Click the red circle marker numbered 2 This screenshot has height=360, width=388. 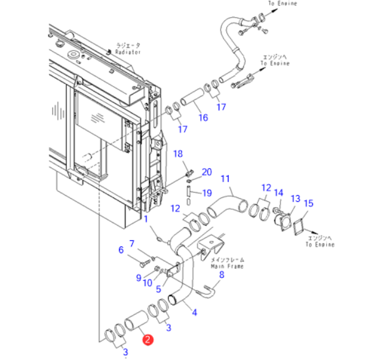pyautogui.click(x=148, y=338)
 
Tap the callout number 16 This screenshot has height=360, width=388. pyautogui.click(x=202, y=118)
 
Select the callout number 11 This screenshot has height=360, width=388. pyautogui.click(x=225, y=178)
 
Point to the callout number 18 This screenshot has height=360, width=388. pyautogui.click(x=178, y=153)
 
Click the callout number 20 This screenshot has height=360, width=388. pyautogui.click(x=206, y=172)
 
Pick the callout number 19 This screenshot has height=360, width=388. pyautogui.click(x=206, y=193)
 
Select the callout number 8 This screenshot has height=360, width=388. pyautogui.click(x=222, y=275)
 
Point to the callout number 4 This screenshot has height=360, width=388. pyautogui.click(x=195, y=312)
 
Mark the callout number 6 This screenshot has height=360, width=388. pyautogui.click(x=121, y=250)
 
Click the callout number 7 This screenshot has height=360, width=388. pyautogui.click(x=131, y=243)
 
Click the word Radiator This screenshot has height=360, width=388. pyautogui.click(x=128, y=53)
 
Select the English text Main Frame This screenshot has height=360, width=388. pyautogui.click(x=227, y=267)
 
